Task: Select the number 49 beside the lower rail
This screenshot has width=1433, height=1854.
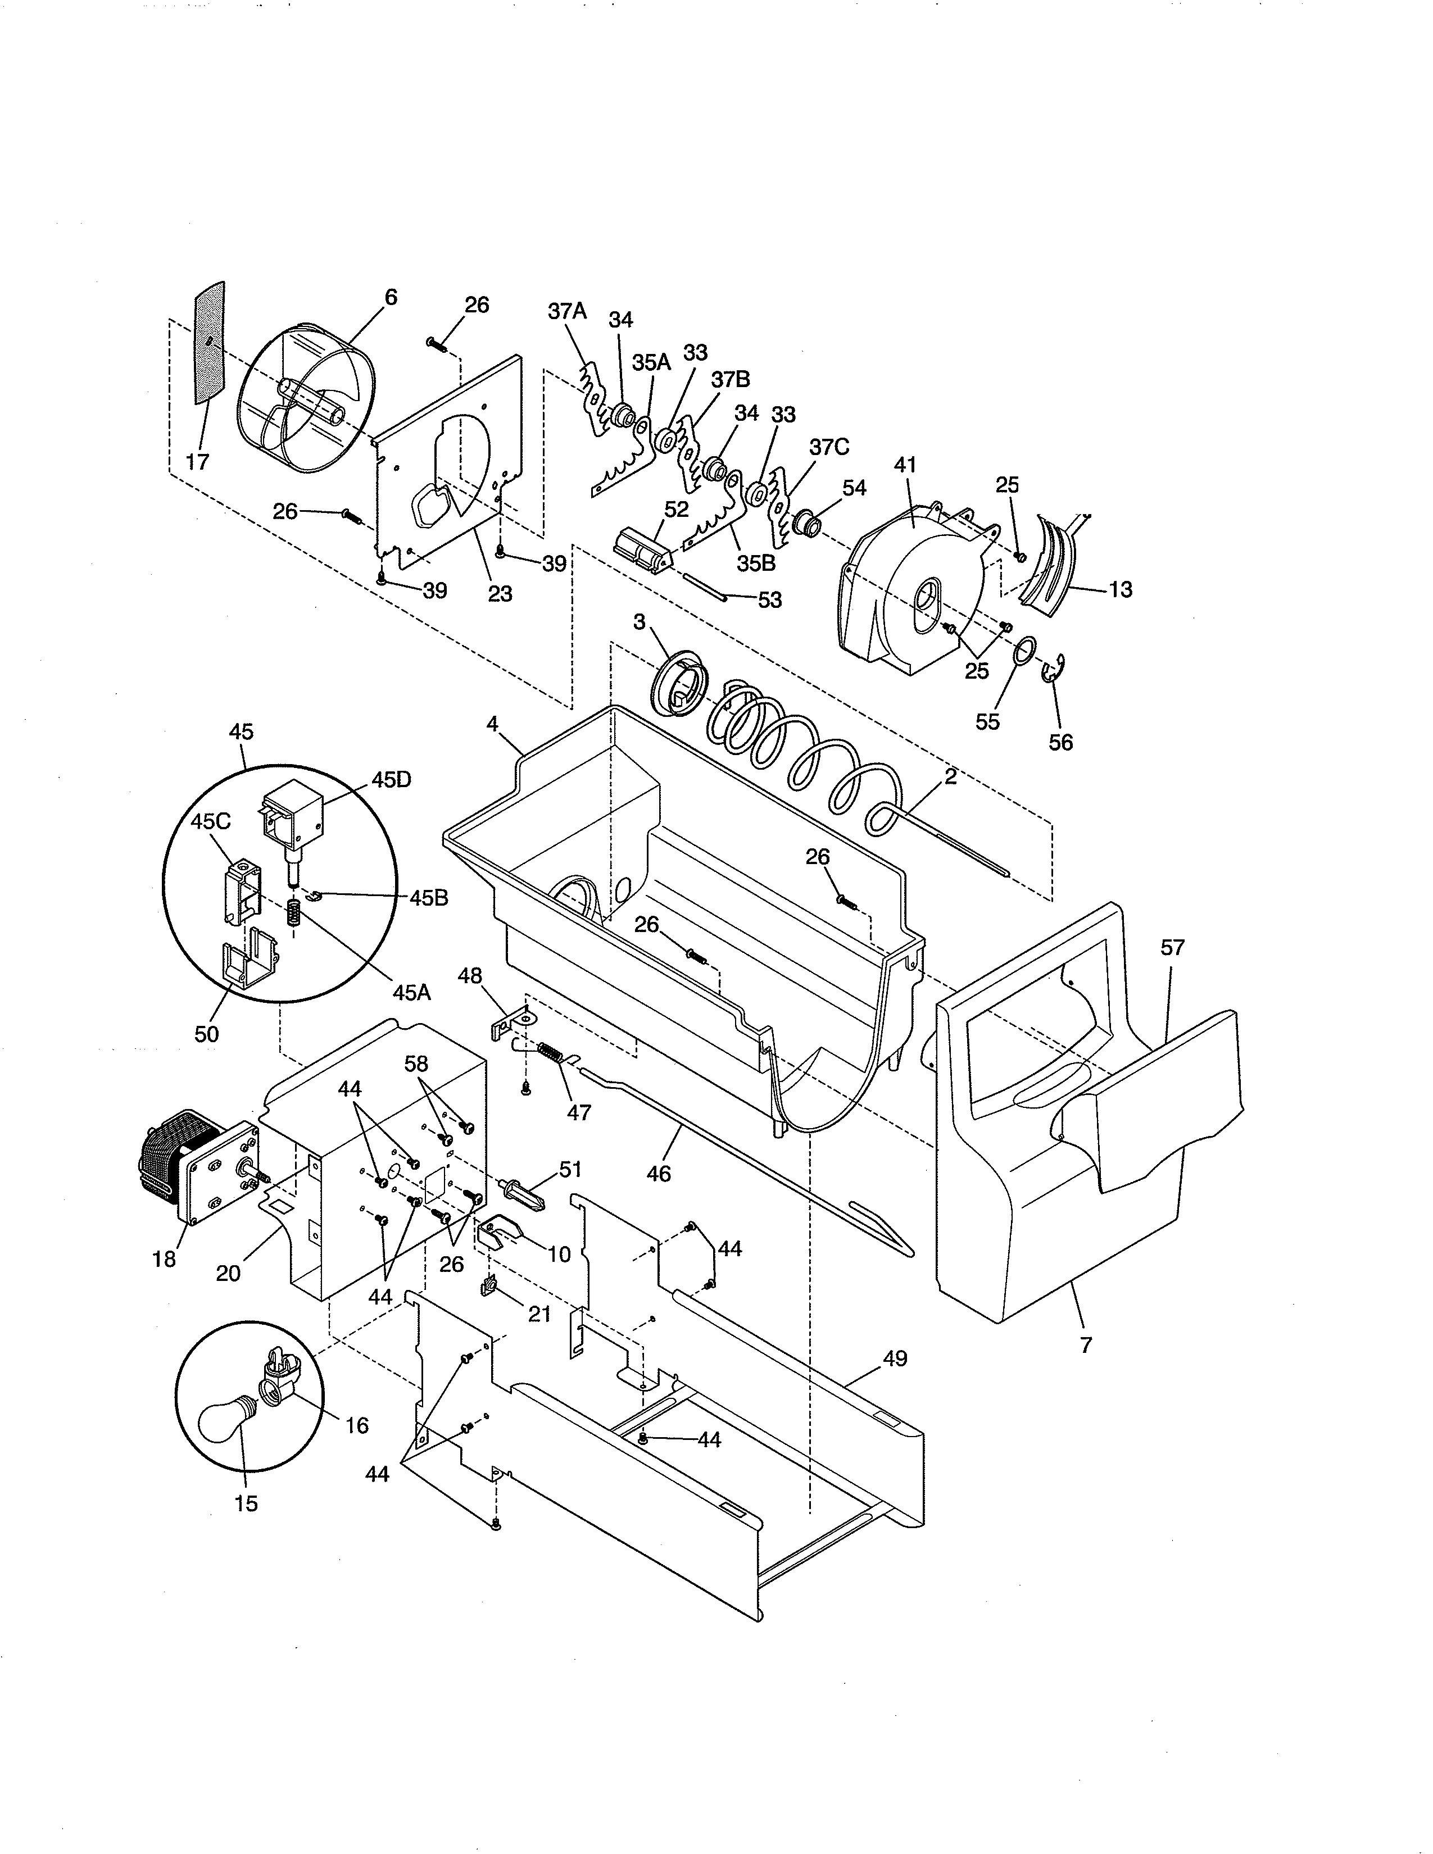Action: [x=895, y=1358]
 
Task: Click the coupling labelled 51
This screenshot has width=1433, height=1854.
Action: [x=527, y=1194]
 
